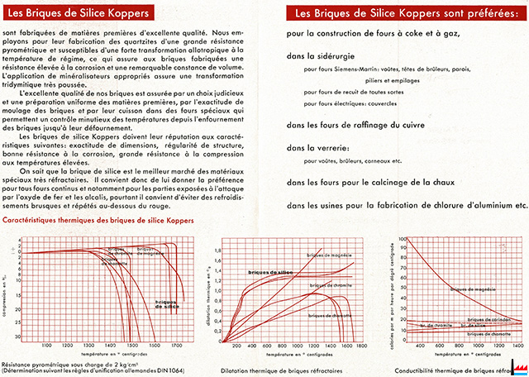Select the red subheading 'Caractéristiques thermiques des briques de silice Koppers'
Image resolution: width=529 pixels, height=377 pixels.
(x=110, y=222)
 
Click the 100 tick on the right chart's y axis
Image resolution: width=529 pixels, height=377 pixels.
(x=403, y=239)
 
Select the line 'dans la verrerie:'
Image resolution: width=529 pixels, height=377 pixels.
(x=315, y=148)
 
